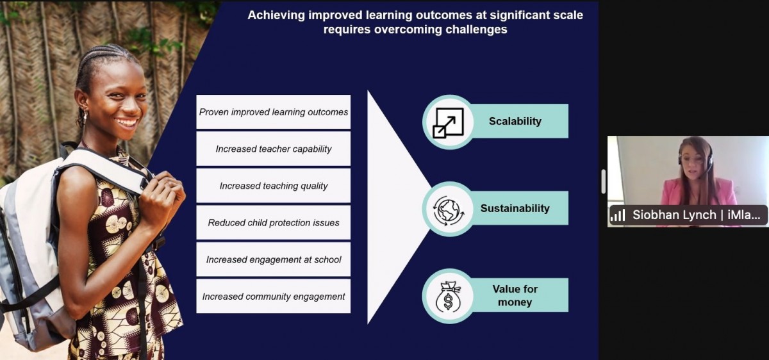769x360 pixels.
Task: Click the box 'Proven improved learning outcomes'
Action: tap(273, 112)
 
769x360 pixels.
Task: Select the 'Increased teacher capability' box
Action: tap(273, 149)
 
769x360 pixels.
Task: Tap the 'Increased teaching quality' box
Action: tap(273, 186)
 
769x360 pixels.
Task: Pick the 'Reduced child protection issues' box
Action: tap(273, 223)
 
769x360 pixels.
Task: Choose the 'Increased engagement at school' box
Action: tap(273, 259)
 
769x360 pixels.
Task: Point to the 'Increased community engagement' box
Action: tap(273, 296)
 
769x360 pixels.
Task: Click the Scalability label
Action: tap(515, 121)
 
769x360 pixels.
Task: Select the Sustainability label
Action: tap(515, 208)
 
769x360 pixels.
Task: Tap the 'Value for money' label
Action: tap(515, 295)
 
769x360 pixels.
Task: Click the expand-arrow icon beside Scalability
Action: tap(448, 123)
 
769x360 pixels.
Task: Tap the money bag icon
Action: tap(448, 297)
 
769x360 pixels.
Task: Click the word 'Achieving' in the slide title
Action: tap(276, 15)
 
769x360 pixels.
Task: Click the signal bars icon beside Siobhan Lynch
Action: tap(618, 215)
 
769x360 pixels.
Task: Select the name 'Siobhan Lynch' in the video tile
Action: tap(674, 215)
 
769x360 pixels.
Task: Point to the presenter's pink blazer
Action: tap(699, 193)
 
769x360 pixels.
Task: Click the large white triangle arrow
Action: tap(395, 207)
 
